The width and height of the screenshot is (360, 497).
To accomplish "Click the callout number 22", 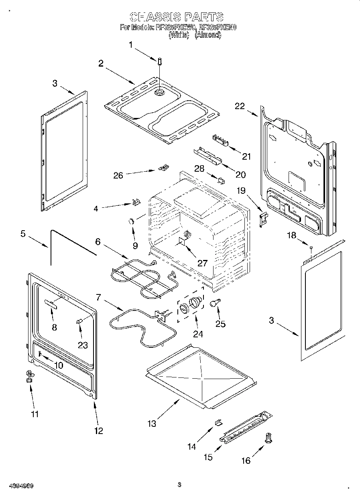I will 240,106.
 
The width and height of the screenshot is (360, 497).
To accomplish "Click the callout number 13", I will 152,423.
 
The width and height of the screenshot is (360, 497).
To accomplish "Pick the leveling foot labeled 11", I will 29,376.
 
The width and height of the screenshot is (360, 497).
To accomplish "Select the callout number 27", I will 203,263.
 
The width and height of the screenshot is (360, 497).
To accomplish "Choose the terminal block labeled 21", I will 220,139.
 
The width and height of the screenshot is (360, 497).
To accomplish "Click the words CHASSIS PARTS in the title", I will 177,17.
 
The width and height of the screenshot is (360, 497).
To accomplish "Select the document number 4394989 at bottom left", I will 19,486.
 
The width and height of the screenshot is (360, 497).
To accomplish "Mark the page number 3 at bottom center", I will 179,485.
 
